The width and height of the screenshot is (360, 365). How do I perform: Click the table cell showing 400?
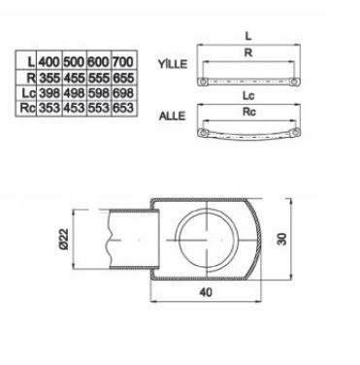(x=49, y=61)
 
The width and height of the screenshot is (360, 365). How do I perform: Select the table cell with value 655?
(x=123, y=78)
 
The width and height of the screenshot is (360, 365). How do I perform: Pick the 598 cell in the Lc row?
(x=98, y=93)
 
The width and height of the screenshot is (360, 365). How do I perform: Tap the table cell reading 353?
(x=49, y=108)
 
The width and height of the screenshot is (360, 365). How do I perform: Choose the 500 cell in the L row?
(x=74, y=61)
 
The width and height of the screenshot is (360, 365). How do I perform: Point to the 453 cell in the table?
(x=74, y=108)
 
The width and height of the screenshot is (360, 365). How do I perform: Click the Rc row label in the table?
(x=27, y=108)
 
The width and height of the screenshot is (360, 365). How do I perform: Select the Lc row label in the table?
(x=28, y=93)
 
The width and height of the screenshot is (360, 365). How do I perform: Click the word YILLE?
(x=173, y=64)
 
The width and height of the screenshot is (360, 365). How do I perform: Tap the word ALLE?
(x=172, y=116)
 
